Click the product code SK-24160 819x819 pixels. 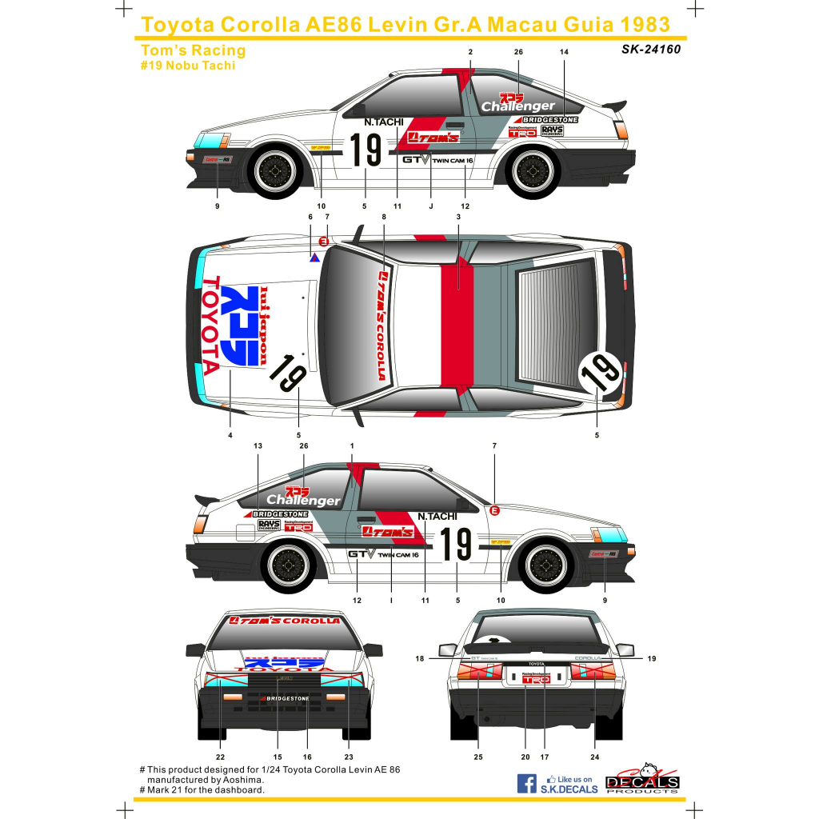[650, 50]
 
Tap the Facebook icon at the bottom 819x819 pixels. [526, 783]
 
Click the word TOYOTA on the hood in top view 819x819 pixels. [210, 326]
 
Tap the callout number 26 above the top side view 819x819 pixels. [518, 52]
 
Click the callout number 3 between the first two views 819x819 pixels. [458, 217]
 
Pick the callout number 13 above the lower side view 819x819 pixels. [258, 445]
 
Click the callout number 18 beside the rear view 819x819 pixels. [419, 659]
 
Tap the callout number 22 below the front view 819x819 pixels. [220, 757]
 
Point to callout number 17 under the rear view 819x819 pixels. [544, 757]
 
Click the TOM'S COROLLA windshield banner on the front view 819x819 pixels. [284, 621]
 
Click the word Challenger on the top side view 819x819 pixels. [517, 106]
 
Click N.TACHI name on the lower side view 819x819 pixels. [437, 516]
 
